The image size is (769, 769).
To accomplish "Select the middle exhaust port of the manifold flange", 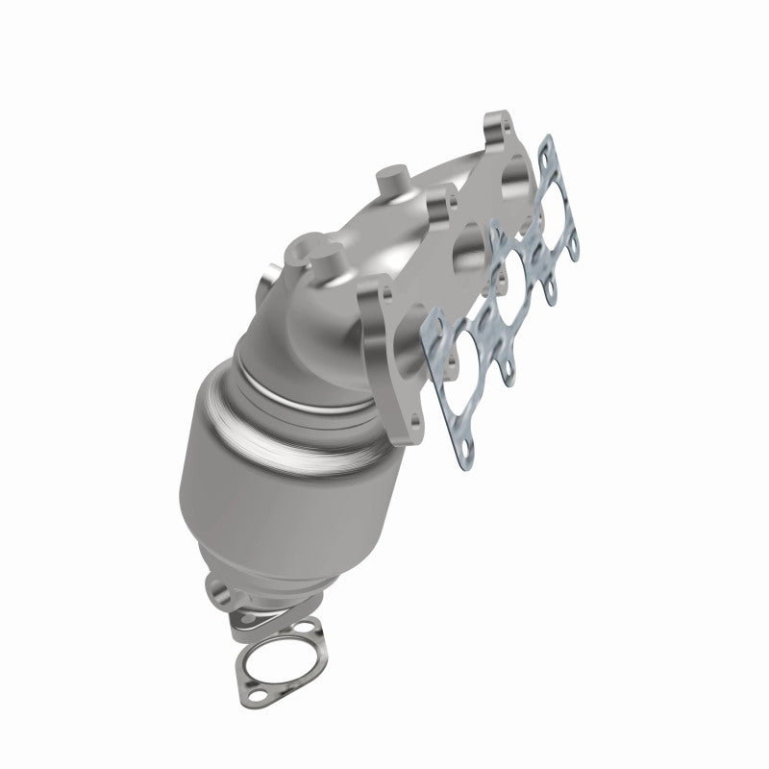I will [475, 245].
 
